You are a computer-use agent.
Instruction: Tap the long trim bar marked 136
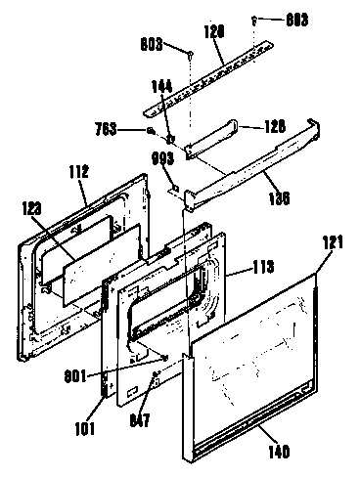coord(245,161)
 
